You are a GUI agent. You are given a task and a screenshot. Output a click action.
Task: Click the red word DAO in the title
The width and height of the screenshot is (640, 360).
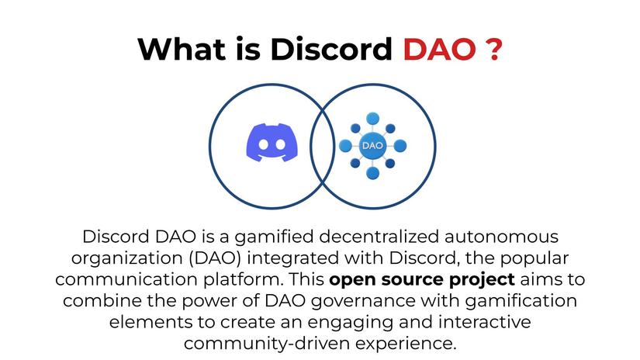(x=439, y=50)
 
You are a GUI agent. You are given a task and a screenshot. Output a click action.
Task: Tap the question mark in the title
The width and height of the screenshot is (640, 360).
(x=492, y=50)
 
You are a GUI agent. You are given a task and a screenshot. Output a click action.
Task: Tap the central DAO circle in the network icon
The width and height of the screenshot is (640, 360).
(x=372, y=145)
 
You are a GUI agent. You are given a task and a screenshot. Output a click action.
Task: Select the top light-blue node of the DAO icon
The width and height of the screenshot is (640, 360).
(x=372, y=118)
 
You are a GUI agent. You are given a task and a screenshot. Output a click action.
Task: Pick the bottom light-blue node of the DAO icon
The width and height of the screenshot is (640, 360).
(x=372, y=172)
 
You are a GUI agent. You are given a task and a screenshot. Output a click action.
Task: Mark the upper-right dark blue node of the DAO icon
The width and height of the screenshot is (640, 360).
(x=389, y=126)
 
